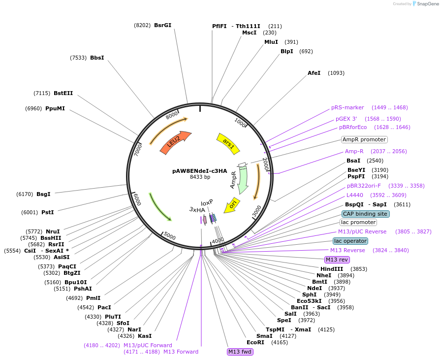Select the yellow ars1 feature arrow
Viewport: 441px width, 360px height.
click(x=228, y=143)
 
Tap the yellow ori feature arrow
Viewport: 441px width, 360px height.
click(x=232, y=205)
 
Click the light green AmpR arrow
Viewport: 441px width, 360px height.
click(x=241, y=180)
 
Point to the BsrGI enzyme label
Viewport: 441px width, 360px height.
click(x=162, y=25)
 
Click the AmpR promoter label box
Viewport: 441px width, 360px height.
click(x=364, y=139)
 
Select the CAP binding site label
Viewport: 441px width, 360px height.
click(x=365, y=214)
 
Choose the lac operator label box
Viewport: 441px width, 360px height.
click(x=350, y=241)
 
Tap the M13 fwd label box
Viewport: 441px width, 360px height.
click(x=240, y=352)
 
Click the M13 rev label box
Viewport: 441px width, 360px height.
click(x=337, y=260)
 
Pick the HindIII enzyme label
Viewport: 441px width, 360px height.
click(x=332, y=269)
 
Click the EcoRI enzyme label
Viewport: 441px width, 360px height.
click(x=255, y=342)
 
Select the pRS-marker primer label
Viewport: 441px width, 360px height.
click(x=347, y=107)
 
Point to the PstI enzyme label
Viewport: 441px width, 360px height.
click(x=48, y=212)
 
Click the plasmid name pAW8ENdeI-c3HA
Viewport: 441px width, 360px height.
click(x=200, y=171)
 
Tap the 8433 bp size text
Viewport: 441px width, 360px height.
click(x=200, y=177)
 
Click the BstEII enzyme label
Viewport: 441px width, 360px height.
click(x=63, y=93)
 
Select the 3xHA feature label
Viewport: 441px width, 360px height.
click(x=197, y=209)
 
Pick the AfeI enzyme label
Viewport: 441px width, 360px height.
click(x=314, y=73)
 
